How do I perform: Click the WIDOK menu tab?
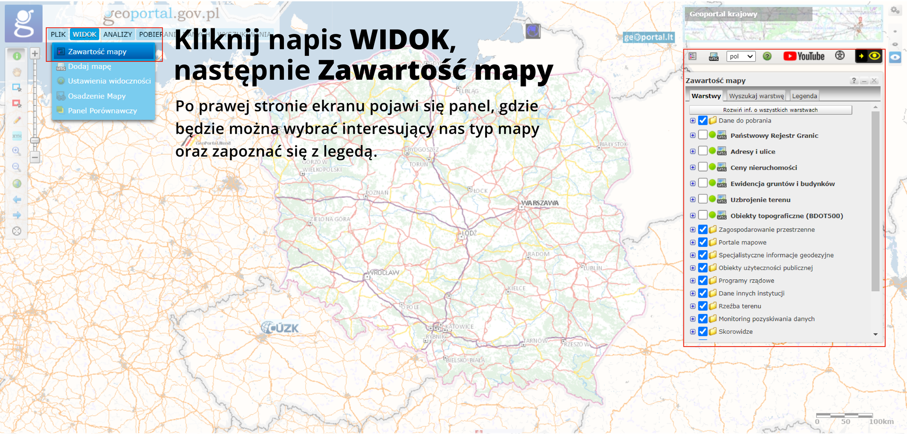pyautogui.click(x=85, y=34)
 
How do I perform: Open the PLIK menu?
pyautogui.click(x=58, y=34)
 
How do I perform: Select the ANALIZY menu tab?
pyautogui.click(x=118, y=34)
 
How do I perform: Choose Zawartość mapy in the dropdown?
pyautogui.click(x=97, y=51)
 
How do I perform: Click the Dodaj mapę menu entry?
pyautogui.click(x=90, y=67)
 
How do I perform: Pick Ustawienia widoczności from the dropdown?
pyautogui.click(x=109, y=81)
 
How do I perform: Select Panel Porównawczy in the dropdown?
pyautogui.click(x=102, y=111)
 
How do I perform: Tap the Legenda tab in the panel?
pyautogui.click(x=804, y=96)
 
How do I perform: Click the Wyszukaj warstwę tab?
pyautogui.click(x=756, y=96)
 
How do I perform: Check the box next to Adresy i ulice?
pyautogui.click(x=703, y=151)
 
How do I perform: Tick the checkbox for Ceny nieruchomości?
pyautogui.click(x=703, y=167)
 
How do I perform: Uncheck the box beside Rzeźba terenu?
pyautogui.click(x=703, y=306)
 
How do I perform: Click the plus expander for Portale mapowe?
pyautogui.click(x=693, y=242)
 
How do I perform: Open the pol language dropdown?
pyautogui.click(x=741, y=56)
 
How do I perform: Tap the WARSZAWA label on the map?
pyautogui.click(x=539, y=203)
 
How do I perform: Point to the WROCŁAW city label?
pyautogui.click(x=384, y=273)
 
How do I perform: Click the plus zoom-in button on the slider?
pyautogui.click(x=35, y=53)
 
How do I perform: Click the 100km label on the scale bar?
pyautogui.click(x=881, y=422)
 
